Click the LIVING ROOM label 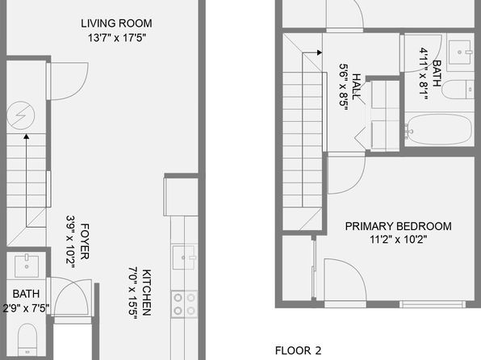pyautogui.click(x=116, y=23)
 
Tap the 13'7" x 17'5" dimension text pyautogui.click(x=117, y=38)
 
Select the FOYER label pyautogui.click(x=85, y=241)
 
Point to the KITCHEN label pyautogui.click(x=147, y=292)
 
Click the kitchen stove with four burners pyautogui.click(x=184, y=303)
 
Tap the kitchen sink pyautogui.click(x=184, y=257)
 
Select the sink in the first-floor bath pyautogui.click(x=27, y=266)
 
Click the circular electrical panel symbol pyautogui.click(x=20, y=115)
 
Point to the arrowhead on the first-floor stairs pyautogui.click(x=27, y=136)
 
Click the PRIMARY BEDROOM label pyautogui.click(x=398, y=226)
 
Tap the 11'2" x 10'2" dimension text pyautogui.click(x=398, y=239)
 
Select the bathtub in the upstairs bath pyautogui.click(x=438, y=129)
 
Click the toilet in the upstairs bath pyautogui.click(x=458, y=90)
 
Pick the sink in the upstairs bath pyautogui.click(x=459, y=52)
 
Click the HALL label pyautogui.click(x=356, y=86)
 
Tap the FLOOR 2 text pyautogui.click(x=298, y=350)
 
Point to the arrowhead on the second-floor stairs pyautogui.click(x=320, y=52)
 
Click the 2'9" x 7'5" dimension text pyautogui.click(x=26, y=308)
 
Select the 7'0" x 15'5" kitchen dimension pyautogui.click(x=133, y=293)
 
